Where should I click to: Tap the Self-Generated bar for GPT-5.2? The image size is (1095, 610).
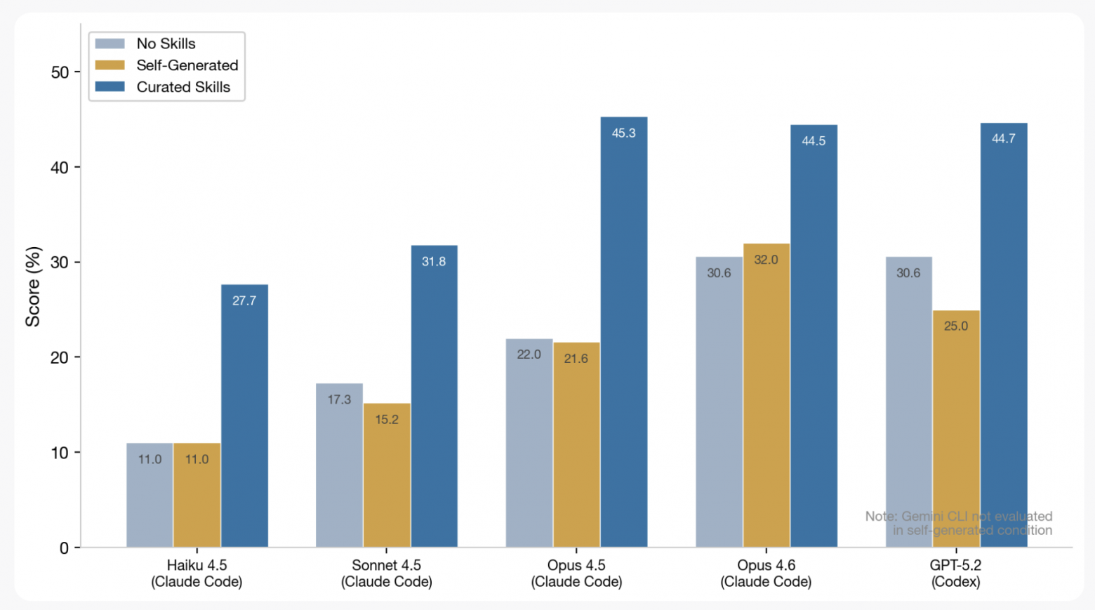pos(956,429)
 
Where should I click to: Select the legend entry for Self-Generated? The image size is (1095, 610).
pos(187,65)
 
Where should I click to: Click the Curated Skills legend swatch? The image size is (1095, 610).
pos(109,87)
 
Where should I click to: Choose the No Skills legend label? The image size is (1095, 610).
pos(166,44)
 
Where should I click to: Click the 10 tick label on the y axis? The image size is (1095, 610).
pos(60,453)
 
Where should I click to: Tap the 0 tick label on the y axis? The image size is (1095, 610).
pos(65,548)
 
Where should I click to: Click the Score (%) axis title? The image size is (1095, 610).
pos(33,286)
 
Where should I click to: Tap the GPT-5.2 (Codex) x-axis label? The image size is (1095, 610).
pos(955,573)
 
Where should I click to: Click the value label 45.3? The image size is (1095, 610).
pos(624,133)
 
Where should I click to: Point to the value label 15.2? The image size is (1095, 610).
pos(387,420)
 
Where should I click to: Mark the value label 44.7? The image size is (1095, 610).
pos(1004,139)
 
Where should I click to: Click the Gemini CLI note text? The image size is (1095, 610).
pos(959,524)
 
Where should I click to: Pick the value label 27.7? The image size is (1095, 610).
pos(244,301)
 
